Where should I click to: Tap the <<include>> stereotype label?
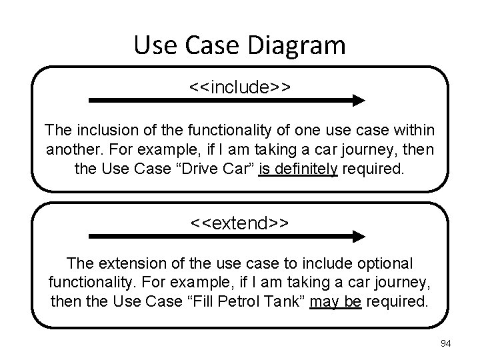(240, 87)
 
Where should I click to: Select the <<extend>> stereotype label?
(240, 223)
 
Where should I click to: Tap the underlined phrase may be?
(335, 301)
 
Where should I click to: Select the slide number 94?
(446, 343)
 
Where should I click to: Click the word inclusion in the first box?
(98, 129)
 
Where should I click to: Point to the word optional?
(386, 263)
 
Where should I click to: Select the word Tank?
(288, 301)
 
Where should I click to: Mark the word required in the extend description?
(397, 301)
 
